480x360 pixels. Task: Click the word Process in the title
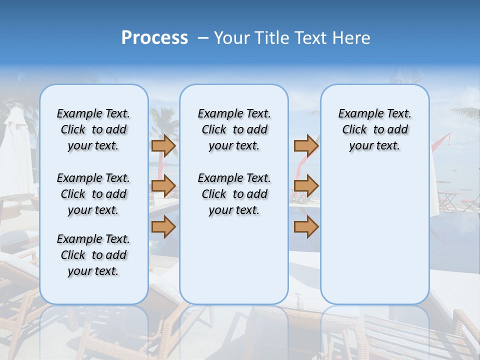tap(154, 38)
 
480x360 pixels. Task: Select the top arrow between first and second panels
tap(163, 145)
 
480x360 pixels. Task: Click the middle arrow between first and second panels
tap(163, 186)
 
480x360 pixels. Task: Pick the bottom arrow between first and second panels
tap(163, 227)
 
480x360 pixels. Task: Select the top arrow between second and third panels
tap(306, 145)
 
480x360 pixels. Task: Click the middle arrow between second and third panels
tap(306, 186)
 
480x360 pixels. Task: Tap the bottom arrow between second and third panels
tap(306, 227)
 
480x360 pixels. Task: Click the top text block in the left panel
tap(93, 129)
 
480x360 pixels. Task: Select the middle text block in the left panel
tap(93, 194)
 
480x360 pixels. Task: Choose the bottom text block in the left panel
tap(93, 255)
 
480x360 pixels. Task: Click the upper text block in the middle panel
tap(234, 129)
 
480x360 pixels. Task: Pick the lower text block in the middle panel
tap(234, 194)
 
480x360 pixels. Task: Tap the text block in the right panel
tap(374, 129)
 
